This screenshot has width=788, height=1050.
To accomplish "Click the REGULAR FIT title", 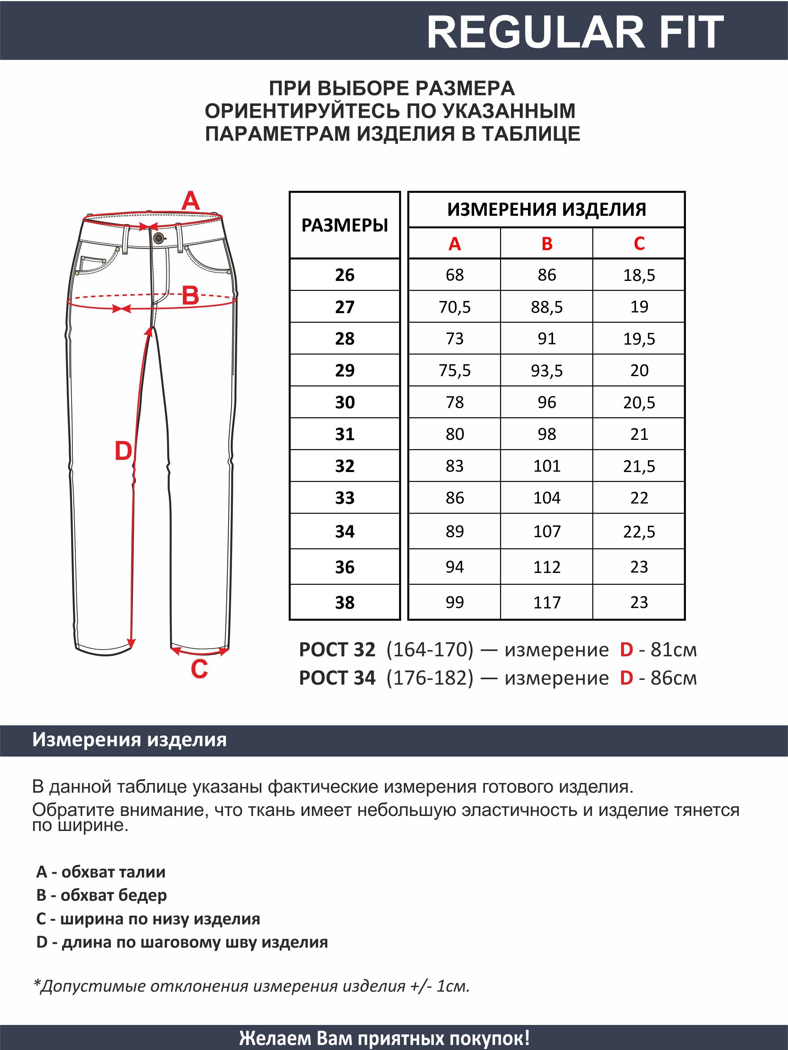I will pyautogui.click(x=575, y=32).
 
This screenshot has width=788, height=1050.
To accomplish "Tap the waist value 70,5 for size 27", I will pyautogui.click(x=455, y=307).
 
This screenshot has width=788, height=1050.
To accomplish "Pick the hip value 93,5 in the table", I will pyautogui.click(x=547, y=371).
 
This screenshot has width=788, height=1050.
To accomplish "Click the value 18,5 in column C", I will pyautogui.click(x=639, y=275).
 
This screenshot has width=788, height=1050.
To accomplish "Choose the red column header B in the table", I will pyautogui.click(x=547, y=243).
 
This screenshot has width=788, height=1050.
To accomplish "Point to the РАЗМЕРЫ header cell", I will pyautogui.click(x=345, y=225).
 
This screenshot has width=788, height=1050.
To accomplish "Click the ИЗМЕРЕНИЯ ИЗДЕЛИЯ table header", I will pyautogui.click(x=546, y=209).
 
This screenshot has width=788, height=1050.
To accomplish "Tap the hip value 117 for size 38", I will pyautogui.click(x=547, y=602).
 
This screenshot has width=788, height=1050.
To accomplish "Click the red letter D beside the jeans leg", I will pyautogui.click(x=123, y=451).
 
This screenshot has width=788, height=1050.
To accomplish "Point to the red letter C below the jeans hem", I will pyautogui.click(x=199, y=669).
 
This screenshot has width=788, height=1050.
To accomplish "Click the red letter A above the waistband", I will pyautogui.click(x=191, y=201).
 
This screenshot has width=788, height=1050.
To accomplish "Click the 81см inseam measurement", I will pyautogui.click(x=673, y=650).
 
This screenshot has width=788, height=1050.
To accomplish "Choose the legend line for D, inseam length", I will pyautogui.click(x=182, y=942).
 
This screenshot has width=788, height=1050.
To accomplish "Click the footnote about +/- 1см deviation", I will pyautogui.click(x=251, y=986).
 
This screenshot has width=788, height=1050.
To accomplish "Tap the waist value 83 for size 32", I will pyautogui.click(x=455, y=466).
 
